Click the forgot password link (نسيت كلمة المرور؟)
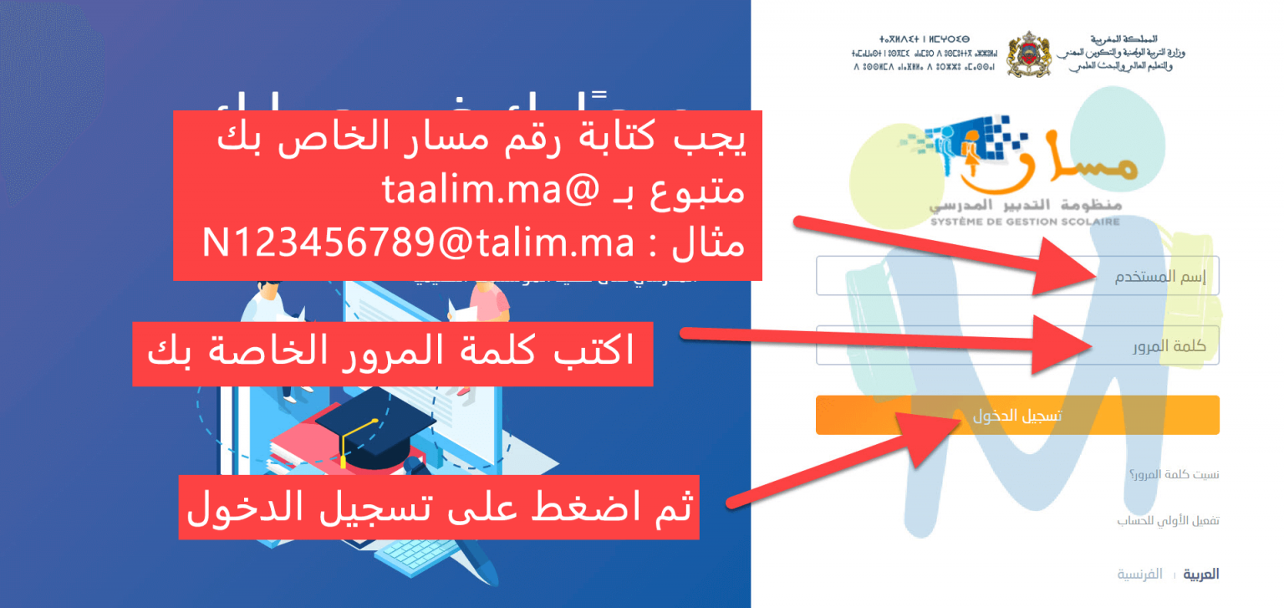[x=1174, y=475]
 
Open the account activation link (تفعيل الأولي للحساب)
[x=1168, y=520]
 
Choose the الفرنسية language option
[x=1140, y=574]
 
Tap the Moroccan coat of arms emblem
[x=1027, y=54]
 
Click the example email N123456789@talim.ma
[x=418, y=245]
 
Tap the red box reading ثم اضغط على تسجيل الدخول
[x=439, y=506]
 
